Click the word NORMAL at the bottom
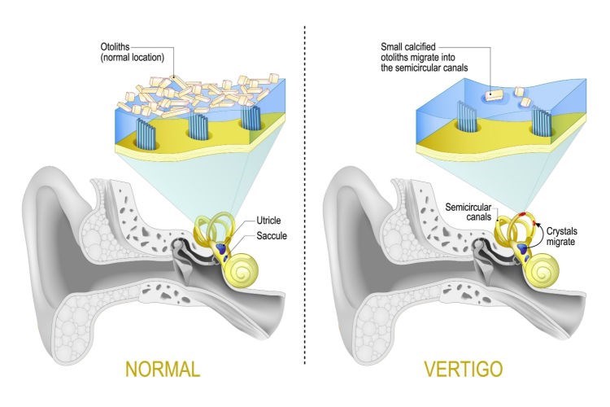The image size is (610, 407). click(162, 369)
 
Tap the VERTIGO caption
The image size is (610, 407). click(462, 369)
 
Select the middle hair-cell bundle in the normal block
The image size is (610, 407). click(199, 127)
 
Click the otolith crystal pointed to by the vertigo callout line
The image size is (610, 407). click(493, 95)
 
